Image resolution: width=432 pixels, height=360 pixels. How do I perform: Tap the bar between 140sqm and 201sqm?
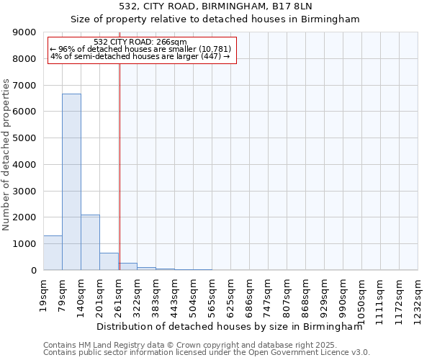click(90, 242)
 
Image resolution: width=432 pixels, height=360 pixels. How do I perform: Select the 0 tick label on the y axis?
click(33, 271)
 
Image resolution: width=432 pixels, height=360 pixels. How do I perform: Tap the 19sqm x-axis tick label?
click(43, 293)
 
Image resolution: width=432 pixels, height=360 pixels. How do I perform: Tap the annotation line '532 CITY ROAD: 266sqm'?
click(140, 42)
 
